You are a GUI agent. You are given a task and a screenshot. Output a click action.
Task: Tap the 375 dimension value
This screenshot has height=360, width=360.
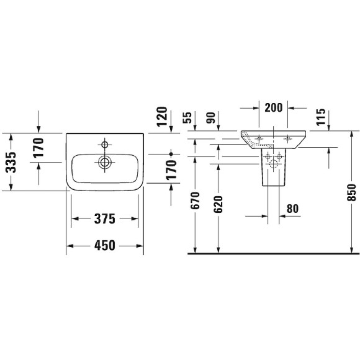tap(104, 218)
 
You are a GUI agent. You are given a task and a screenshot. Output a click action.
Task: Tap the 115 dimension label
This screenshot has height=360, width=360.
tap(322, 118)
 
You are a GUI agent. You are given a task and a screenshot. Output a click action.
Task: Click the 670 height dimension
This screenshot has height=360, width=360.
tap(195, 202)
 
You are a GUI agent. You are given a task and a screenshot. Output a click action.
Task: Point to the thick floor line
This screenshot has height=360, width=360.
tap(273, 254)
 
